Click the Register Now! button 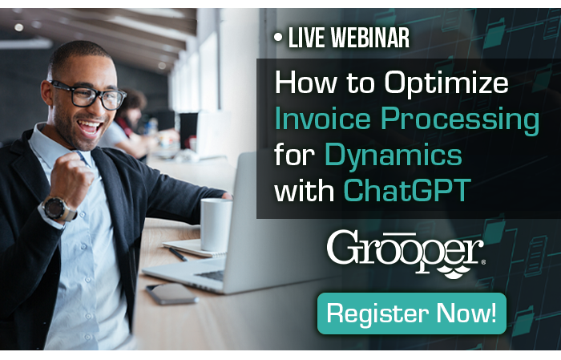[x=412, y=313]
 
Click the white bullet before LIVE [x=277, y=37]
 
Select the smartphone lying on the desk [x=172, y=293]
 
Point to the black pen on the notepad [x=177, y=253]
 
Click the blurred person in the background [x=132, y=120]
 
